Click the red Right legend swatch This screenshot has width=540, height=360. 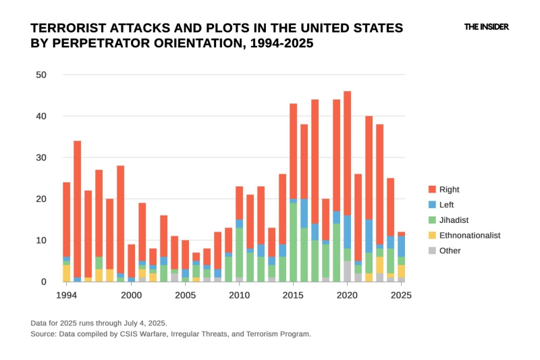[x=433, y=190]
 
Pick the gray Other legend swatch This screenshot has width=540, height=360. [x=433, y=251]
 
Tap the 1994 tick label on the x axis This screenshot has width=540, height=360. [x=66, y=295]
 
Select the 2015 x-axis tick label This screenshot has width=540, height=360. [x=293, y=295]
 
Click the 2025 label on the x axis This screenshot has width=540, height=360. [x=401, y=295]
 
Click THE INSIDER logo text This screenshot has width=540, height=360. [x=486, y=27]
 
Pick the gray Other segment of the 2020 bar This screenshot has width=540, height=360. [x=348, y=272]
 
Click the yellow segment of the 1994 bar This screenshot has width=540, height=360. [x=67, y=273]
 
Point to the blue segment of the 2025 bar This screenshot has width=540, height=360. [x=402, y=246]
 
